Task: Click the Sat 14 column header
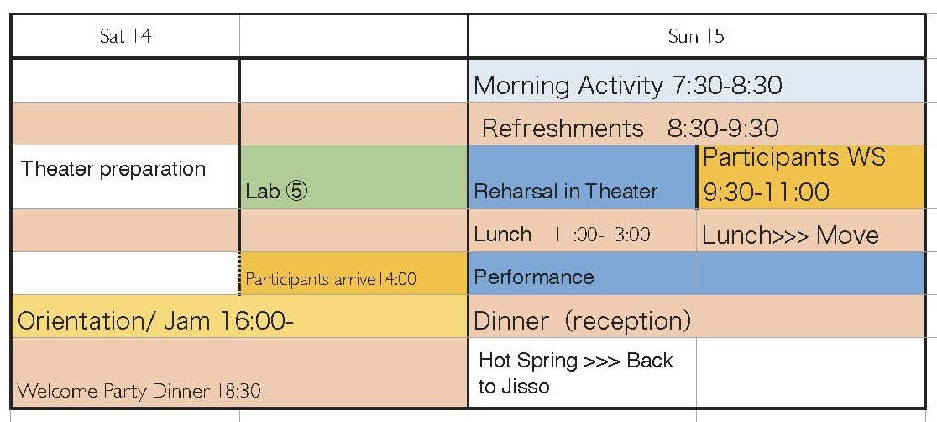[125, 36]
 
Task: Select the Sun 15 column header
[696, 36]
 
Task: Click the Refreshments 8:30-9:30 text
[631, 128]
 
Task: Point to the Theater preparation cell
[125, 177]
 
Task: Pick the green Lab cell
[353, 177]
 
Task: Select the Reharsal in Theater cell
[583, 177]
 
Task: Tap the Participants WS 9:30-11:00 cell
[811, 177]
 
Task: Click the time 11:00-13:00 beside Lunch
[602, 234]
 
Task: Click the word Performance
[534, 277]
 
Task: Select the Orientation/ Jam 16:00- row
[239, 316]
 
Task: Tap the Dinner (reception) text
[582, 321]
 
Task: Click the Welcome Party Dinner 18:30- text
[142, 392]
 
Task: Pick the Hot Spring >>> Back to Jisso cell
[583, 372]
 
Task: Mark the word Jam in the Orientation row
[186, 321]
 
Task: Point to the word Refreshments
[563, 128]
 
